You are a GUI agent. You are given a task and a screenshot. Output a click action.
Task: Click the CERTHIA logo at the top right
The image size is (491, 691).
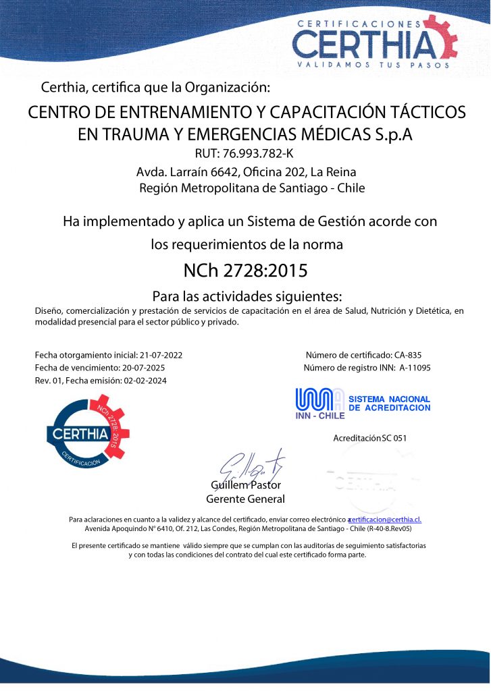pos(374,42)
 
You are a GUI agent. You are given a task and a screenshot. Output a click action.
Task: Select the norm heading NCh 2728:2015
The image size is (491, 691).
pos(245,271)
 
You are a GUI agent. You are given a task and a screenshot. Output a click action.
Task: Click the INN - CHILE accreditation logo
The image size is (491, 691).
pos(320,404)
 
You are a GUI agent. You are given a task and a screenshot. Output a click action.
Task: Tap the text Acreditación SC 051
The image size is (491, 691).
pos(369,438)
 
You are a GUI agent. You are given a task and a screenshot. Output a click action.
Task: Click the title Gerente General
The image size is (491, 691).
pos(245,499)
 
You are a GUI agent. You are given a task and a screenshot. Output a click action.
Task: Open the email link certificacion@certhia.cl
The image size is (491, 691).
pos(386,519)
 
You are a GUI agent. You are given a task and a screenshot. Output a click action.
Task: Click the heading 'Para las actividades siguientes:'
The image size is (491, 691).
pos(247,296)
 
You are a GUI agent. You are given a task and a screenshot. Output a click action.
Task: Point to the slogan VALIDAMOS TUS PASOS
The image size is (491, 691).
pos(363,65)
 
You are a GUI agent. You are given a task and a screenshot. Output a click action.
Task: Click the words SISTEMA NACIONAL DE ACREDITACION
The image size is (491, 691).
pos(389,404)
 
